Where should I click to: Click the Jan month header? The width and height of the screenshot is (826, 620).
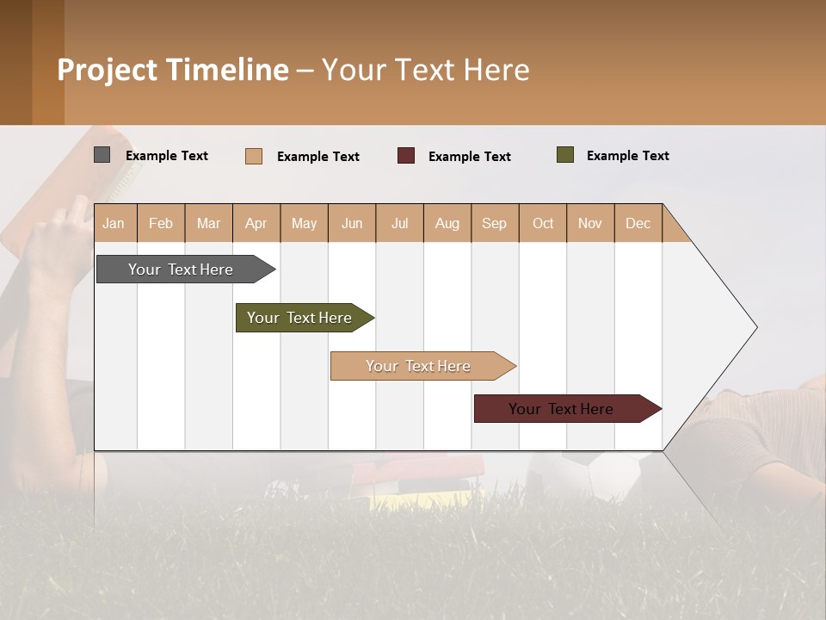(114, 224)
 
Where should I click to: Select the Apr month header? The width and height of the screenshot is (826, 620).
(256, 224)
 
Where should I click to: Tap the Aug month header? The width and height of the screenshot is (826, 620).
(447, 224)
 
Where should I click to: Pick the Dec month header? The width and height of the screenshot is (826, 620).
(638, 224)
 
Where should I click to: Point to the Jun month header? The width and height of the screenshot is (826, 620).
(352, 224)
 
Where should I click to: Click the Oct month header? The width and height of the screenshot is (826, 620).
(543, 224)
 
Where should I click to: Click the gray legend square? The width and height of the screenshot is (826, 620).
(102, 155)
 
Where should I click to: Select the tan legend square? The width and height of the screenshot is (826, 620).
(254, 156)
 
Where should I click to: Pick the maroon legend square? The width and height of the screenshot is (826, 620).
(406, 156)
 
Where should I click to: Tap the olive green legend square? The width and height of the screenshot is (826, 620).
(565, 155)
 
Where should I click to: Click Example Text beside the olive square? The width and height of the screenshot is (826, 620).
(627, 156)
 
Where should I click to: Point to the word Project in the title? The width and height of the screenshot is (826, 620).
(107, 70)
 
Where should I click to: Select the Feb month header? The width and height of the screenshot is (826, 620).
(161, 224)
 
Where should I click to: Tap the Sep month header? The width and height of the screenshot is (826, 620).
(495, 224)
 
